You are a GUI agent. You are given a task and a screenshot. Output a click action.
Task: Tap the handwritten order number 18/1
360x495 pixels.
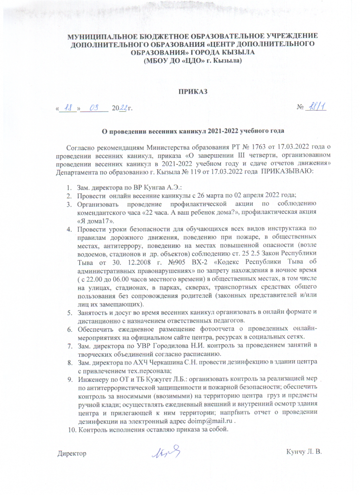(317, 107)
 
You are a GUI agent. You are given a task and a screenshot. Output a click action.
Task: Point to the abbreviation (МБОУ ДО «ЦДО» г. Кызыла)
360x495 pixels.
(193, 62)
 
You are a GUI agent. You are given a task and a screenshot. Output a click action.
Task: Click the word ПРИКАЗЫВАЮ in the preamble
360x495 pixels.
(288, 172)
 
